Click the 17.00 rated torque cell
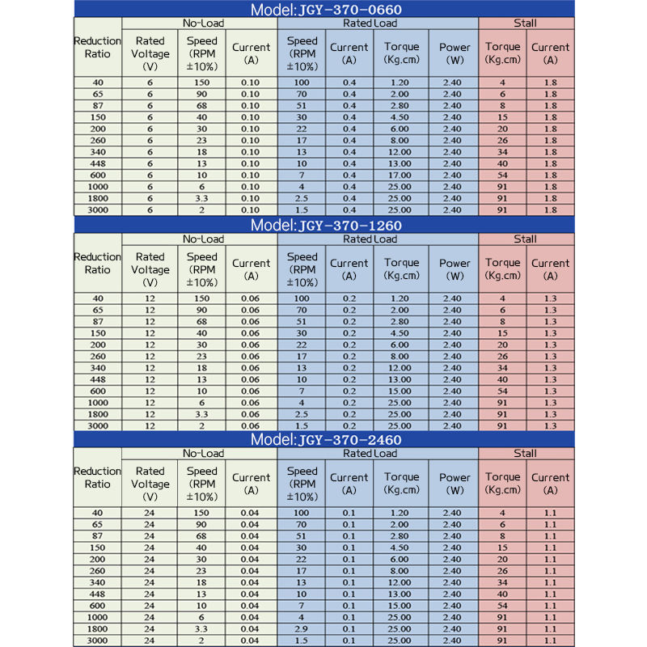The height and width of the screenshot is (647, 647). point(401,175)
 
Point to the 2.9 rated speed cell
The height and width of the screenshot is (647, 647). point(302,628)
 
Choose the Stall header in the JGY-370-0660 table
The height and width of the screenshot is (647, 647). point(526,23)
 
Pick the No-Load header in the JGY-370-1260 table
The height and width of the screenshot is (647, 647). point(203,239)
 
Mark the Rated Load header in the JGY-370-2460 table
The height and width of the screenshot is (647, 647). point(370,454)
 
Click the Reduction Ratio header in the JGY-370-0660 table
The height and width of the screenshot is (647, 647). point(97,48)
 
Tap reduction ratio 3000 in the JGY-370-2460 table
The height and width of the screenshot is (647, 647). point(97,641)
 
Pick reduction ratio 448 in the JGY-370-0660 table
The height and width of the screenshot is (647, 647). point(97,163)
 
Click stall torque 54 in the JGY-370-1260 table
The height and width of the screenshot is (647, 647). point(502,391)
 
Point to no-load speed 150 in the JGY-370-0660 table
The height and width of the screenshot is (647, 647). point(201,82)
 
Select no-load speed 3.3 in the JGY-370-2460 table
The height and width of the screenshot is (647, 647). point(201,628)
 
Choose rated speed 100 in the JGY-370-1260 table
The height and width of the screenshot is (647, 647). point(302,298)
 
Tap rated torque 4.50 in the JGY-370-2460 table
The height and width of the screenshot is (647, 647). point(401,548)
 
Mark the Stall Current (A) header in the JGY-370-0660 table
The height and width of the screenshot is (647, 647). point(551,53)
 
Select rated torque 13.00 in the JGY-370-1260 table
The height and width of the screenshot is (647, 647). point(401,379)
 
